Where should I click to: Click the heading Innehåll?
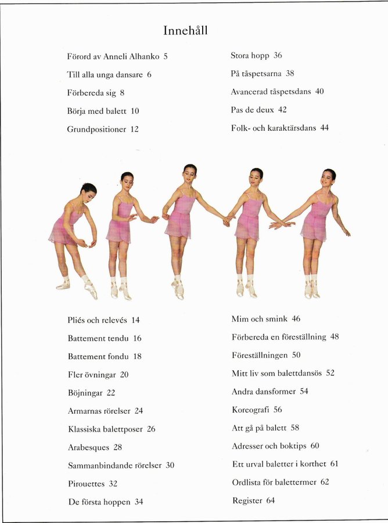tap(185, 31)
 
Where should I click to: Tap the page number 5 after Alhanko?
tap(166, 57)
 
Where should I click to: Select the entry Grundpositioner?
tap(96, 130)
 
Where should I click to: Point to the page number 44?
tap(324, 128)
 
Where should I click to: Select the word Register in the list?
tap(247, 500)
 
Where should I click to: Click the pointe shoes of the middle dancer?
tap(178, 289)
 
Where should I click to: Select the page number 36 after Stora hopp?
tap(278, 56)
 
